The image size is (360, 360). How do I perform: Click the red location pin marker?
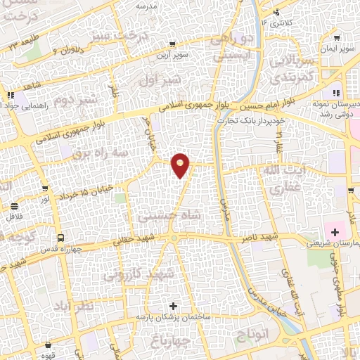point(181,165)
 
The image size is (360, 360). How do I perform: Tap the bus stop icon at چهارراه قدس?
point(61,238)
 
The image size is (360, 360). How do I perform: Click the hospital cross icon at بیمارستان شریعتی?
point(335,232)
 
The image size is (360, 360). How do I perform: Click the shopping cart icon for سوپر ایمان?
point(338,39)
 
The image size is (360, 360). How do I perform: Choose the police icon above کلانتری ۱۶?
point(276,11)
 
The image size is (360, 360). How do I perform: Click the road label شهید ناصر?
point(263,238)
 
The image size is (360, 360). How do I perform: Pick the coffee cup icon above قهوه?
point(48,346)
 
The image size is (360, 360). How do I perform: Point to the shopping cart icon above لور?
point(46,189)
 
